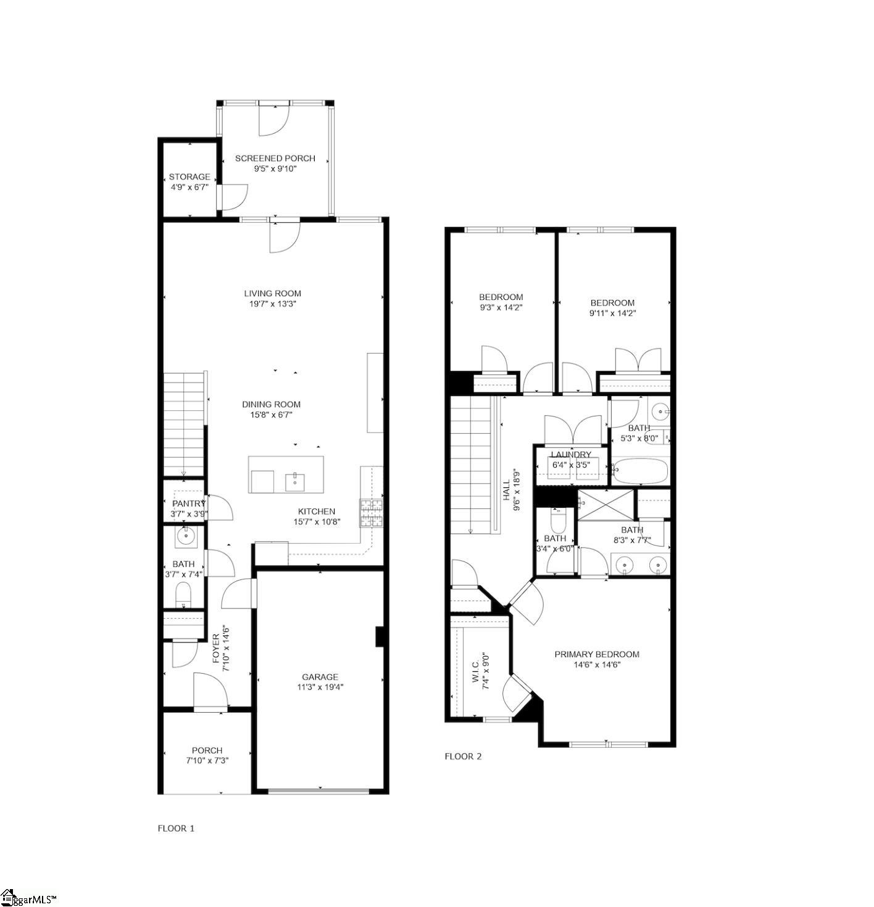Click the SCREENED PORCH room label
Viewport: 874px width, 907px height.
point(275,159)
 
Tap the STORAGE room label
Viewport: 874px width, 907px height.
point(189,177)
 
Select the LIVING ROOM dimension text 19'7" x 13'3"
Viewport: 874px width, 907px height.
point(272,304)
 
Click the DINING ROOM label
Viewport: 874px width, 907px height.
point(271,405)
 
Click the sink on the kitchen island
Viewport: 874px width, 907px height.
point(295,482)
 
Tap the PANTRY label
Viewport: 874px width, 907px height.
point(189,504)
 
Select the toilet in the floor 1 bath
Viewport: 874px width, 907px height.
point(183,595)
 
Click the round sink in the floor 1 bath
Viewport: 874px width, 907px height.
point(185,537)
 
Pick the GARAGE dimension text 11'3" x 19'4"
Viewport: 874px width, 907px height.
point(320,687)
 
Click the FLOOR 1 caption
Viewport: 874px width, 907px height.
point(176,829)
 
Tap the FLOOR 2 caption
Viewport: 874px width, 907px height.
point(463,756)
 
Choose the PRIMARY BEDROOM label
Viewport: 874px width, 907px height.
point(596,655)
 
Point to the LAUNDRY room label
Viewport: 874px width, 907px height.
point(571,455)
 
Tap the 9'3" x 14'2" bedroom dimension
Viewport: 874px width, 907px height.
point(501,307)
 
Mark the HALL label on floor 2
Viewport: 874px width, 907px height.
point(506,487)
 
